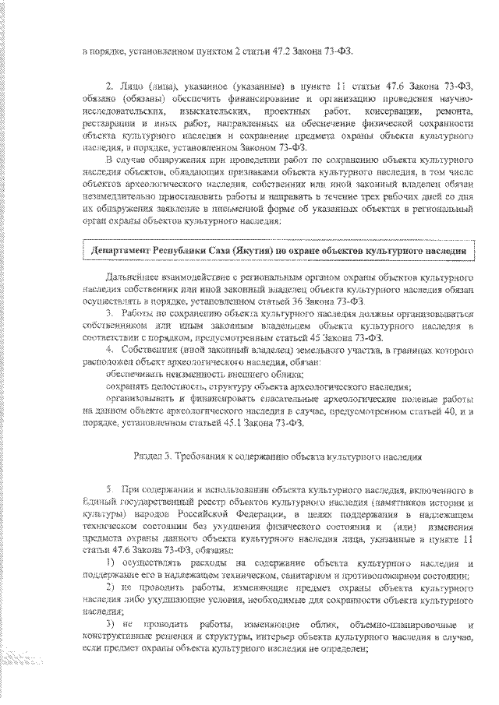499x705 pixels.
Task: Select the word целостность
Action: pos(162,386)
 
